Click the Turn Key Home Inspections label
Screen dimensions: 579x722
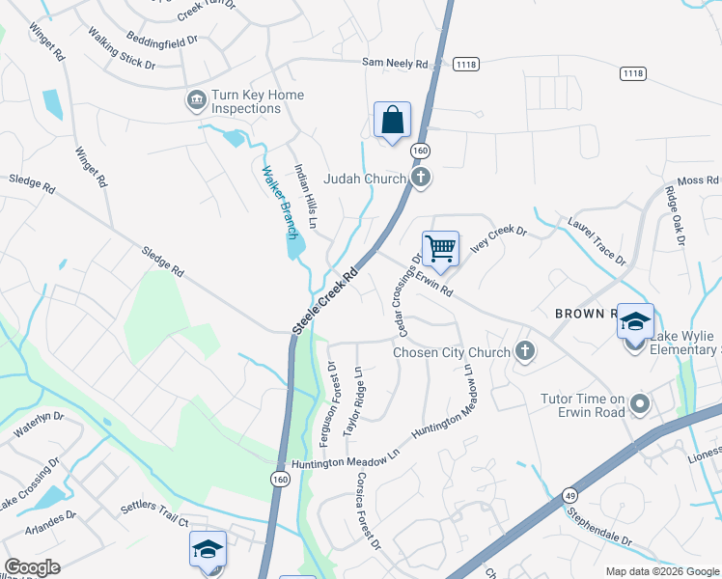point(244,101)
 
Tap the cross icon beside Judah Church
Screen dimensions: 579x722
point(421,177)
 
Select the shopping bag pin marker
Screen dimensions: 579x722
point(392,122)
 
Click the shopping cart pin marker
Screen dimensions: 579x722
point(440,249)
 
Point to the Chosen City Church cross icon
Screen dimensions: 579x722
point(525,351)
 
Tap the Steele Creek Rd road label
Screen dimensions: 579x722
point(325,302)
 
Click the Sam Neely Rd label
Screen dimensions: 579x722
point(395,63)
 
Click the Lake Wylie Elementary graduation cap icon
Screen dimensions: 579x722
point(636,322)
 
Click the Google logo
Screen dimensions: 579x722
point(32,567)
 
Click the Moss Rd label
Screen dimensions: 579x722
point(698,180)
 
